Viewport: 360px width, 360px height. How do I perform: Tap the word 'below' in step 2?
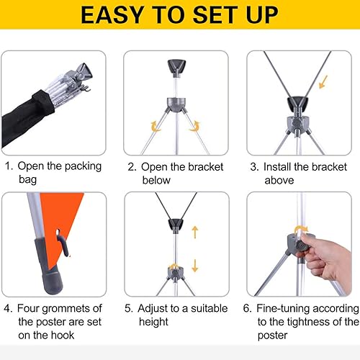coord(157,179)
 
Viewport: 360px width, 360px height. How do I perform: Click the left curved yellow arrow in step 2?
coord(154,127)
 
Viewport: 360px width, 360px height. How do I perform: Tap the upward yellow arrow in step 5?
coord(194,232)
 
